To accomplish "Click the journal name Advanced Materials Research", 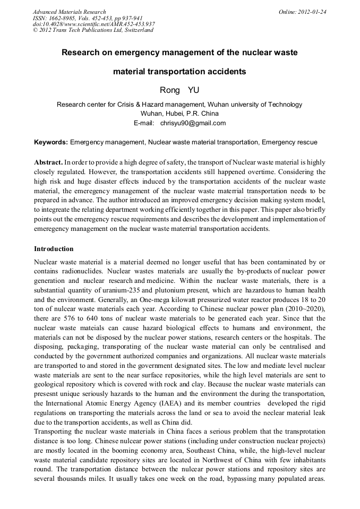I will pos(69,11).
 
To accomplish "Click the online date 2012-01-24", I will pos(312,11).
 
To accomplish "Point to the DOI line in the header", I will pos(93,24).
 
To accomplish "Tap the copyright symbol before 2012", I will pos(36,30).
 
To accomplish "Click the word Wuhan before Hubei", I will pos(152,114).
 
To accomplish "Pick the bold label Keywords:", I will pos(51,142).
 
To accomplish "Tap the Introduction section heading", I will pos(54,248).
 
